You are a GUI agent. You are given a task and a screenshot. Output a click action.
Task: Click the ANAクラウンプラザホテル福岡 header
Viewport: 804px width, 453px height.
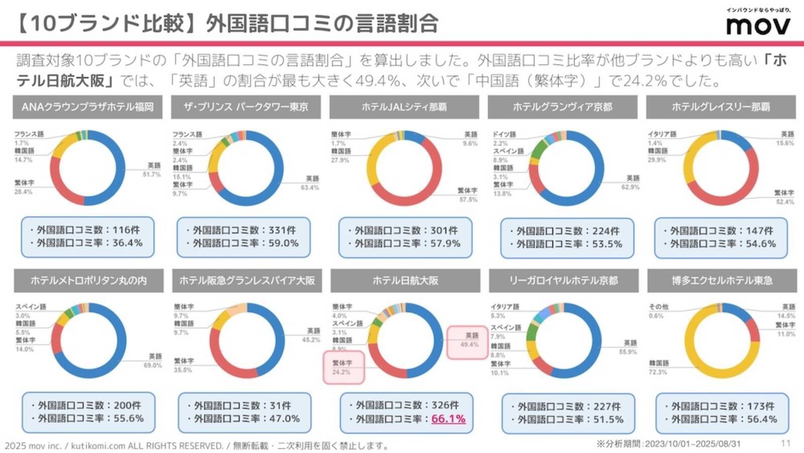[87, 107]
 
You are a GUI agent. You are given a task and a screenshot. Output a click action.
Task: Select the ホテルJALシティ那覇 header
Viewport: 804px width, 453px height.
[404, 107]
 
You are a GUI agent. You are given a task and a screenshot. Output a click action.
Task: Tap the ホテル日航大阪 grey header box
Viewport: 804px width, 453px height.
[405, 280]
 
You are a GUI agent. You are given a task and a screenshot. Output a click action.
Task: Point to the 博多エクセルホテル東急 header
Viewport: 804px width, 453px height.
[722, 280]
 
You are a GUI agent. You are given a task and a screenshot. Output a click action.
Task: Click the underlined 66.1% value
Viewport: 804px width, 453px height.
[448, 418]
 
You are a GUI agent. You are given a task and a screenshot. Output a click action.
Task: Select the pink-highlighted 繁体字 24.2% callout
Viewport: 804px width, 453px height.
[343, 368]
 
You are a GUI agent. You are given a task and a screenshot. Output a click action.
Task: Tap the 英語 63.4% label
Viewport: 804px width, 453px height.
[310, 183]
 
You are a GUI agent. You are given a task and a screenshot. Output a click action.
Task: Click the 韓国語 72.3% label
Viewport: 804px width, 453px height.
[658, 367]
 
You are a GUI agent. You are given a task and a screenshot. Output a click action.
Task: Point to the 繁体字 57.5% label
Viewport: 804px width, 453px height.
[467, 195]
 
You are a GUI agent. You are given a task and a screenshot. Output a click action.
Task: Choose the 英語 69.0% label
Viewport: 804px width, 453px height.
[154, 360]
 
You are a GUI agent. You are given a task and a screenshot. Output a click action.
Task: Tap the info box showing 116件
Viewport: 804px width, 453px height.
[87, 236]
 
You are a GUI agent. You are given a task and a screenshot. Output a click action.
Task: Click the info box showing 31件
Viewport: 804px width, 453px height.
[244, 412]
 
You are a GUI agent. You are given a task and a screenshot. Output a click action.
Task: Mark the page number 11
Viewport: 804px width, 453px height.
[785, 443]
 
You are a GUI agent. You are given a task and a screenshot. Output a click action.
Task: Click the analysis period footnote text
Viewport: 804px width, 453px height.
[668, 443]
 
